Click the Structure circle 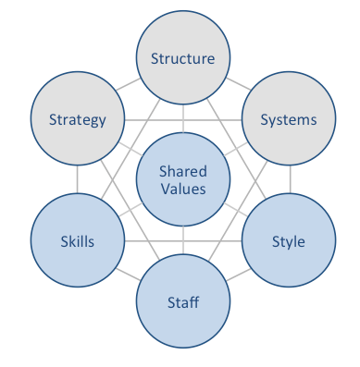coord(183,59)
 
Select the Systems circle coord(288,119)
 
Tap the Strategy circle coord(78,119)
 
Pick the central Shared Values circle coord(183,180)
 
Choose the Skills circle coord(78,241)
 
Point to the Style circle coord(288,241)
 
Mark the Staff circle coord(183,301)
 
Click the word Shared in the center coord(183,172)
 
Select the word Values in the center coord(183,189)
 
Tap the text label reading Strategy coord(78,119)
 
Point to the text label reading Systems coord(288,119)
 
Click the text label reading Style coord(288,242)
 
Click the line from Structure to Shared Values coord(183,117)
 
